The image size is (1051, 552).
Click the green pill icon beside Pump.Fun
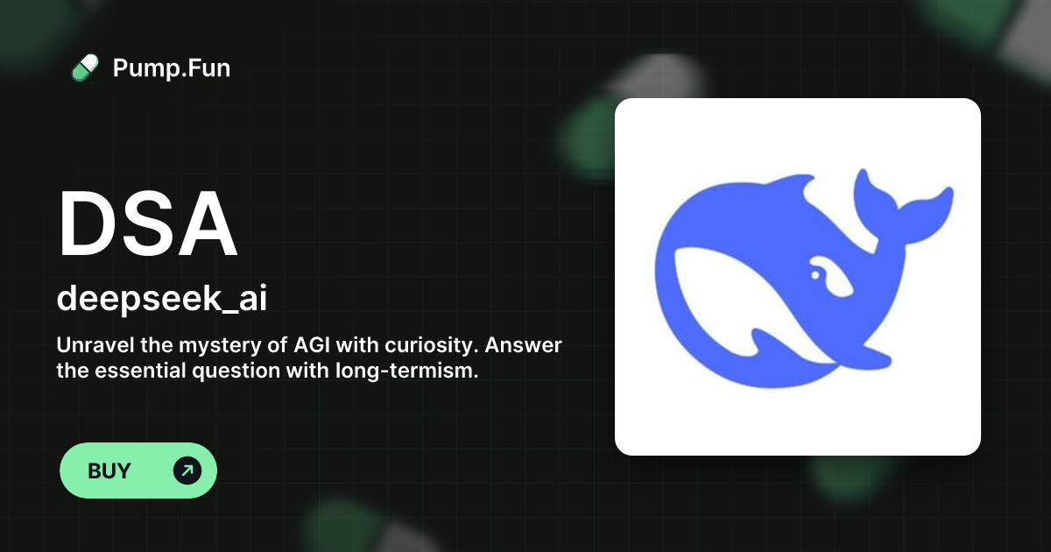tap(85, 67)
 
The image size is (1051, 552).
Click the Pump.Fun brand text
tap(172, 67)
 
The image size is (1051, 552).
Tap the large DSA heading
tap(147, 223)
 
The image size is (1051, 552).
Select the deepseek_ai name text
tap(162, 298)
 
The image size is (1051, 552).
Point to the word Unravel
tap(91, 345)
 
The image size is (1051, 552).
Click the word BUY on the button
tap(109, 471)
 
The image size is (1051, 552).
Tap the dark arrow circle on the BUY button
tap(187, 471)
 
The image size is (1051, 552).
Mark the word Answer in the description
tap(524, 345)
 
